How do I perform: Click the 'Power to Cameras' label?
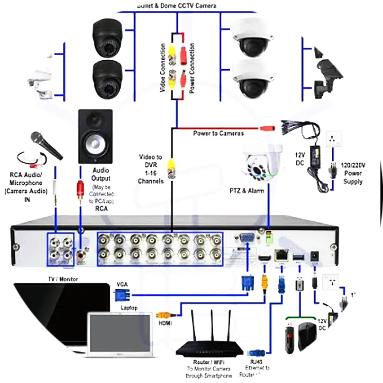218,133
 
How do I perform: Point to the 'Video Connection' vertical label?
163,68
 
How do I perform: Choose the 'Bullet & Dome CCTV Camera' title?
177,6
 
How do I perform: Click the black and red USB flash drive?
290,339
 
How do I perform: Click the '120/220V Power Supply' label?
352,173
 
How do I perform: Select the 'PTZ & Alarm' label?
247,190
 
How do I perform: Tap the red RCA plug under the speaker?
80,188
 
